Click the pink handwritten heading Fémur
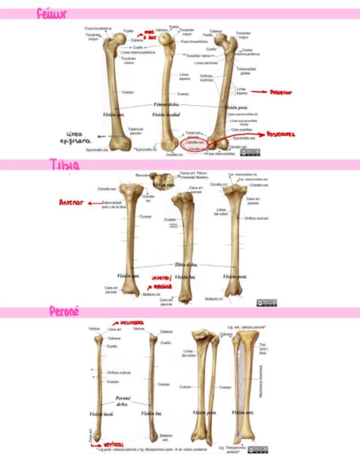click(x=52, y=14)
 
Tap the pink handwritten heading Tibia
click(x=64, y=165)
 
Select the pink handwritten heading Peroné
click(x=64, y=311)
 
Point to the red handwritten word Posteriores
click(x=280, y=134)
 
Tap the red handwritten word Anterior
click(x=71, y=203)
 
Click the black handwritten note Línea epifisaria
click(x=77, y=138)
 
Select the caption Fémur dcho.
click(x=165, y=104)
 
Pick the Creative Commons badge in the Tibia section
click(x=266, y=303)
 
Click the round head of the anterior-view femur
click(x=117, y=38)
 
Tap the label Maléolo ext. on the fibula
click(x=166, y=437)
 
